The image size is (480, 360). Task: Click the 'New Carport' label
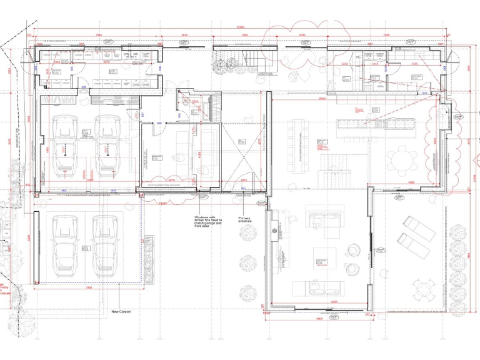pos(121,311)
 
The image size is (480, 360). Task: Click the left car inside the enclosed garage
pos(65,145)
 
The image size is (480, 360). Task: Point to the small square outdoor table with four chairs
pos(425,289)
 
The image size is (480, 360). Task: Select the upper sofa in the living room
pos(324,219)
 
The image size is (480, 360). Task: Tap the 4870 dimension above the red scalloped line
pos(171,181)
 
